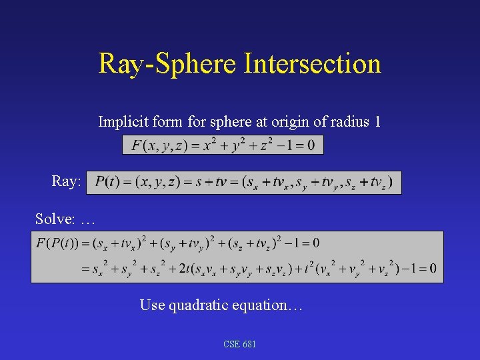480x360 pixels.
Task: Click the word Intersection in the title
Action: (313, 64)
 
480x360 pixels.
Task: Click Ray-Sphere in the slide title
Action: (168, 64)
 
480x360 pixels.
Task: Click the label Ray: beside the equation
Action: (66, 181)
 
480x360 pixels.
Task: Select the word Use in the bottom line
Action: (151, 305)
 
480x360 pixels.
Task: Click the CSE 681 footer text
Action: (240, 344)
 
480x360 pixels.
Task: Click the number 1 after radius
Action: (377, 122)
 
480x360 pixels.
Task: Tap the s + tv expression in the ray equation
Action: (214, 181)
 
